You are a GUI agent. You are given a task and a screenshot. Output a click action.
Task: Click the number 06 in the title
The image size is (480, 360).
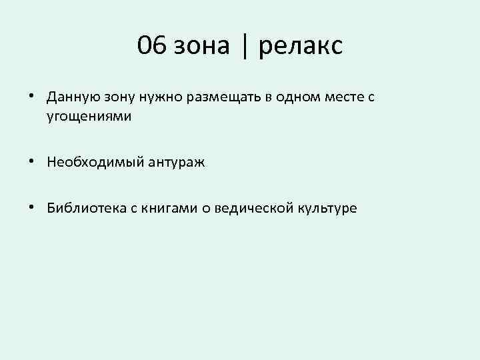(x=151, y=46)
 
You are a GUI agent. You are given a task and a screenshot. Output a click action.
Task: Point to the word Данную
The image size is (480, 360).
(x=69, y=97)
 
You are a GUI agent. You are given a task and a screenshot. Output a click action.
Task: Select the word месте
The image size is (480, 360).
(x=344, y=97)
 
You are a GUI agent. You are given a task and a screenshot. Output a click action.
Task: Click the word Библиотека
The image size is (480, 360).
(x=83, y=208)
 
